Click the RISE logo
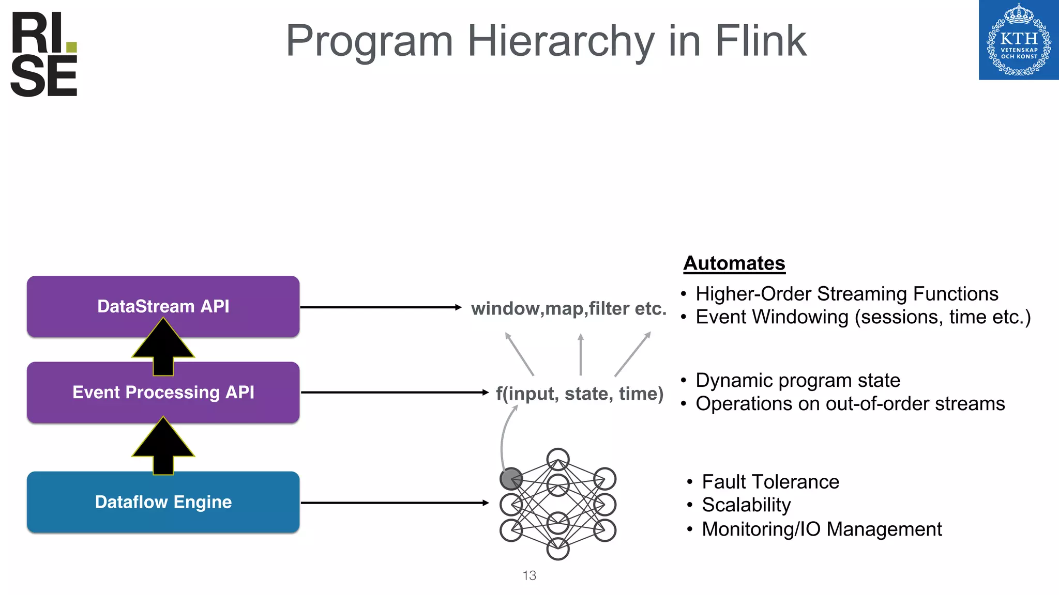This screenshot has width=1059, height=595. click(x=43, y=54)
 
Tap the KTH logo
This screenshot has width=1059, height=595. click(x=1018, y=40)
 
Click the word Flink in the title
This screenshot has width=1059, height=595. click(x=760, y=41)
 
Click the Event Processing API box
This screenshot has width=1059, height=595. click(x=163, y=393)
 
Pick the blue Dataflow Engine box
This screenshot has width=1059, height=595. click(x=163, y=502)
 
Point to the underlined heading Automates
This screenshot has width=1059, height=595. click(x=734, y=263)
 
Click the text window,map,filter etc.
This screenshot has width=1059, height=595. click(x=568, y=308)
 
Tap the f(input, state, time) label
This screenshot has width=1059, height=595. click(x=579, y=394)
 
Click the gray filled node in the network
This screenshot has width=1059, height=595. click(x=511, y=479)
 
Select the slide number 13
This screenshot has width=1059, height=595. click(x=529, y=575)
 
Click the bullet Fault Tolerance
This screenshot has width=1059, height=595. click(x=770, y=482)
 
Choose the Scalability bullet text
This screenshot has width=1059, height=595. click(x=746, y=505)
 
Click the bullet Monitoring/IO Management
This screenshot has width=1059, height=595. click(x=821, y=529)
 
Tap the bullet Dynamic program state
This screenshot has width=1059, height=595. click(x=797, y=381)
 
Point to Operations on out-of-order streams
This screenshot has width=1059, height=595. click(x=850, y=404)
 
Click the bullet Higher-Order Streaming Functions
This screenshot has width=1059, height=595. click(x=846, y=294)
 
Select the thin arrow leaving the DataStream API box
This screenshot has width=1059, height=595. click(x=380, y=307)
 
